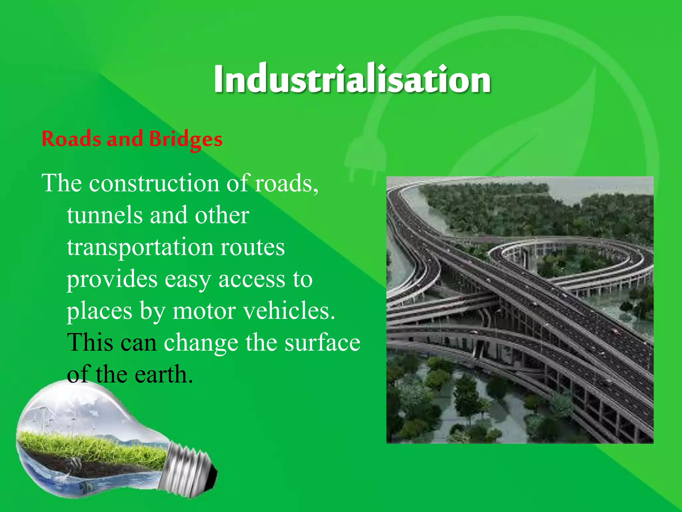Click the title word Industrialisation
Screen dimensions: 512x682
pos(352,79)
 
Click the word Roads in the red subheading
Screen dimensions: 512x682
pos(71,139)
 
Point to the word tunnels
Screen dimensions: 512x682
pos(105,215)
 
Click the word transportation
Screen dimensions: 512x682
pos(140,247)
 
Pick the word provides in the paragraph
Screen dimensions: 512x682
pos(112,279)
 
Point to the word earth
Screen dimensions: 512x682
pos(164,374)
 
